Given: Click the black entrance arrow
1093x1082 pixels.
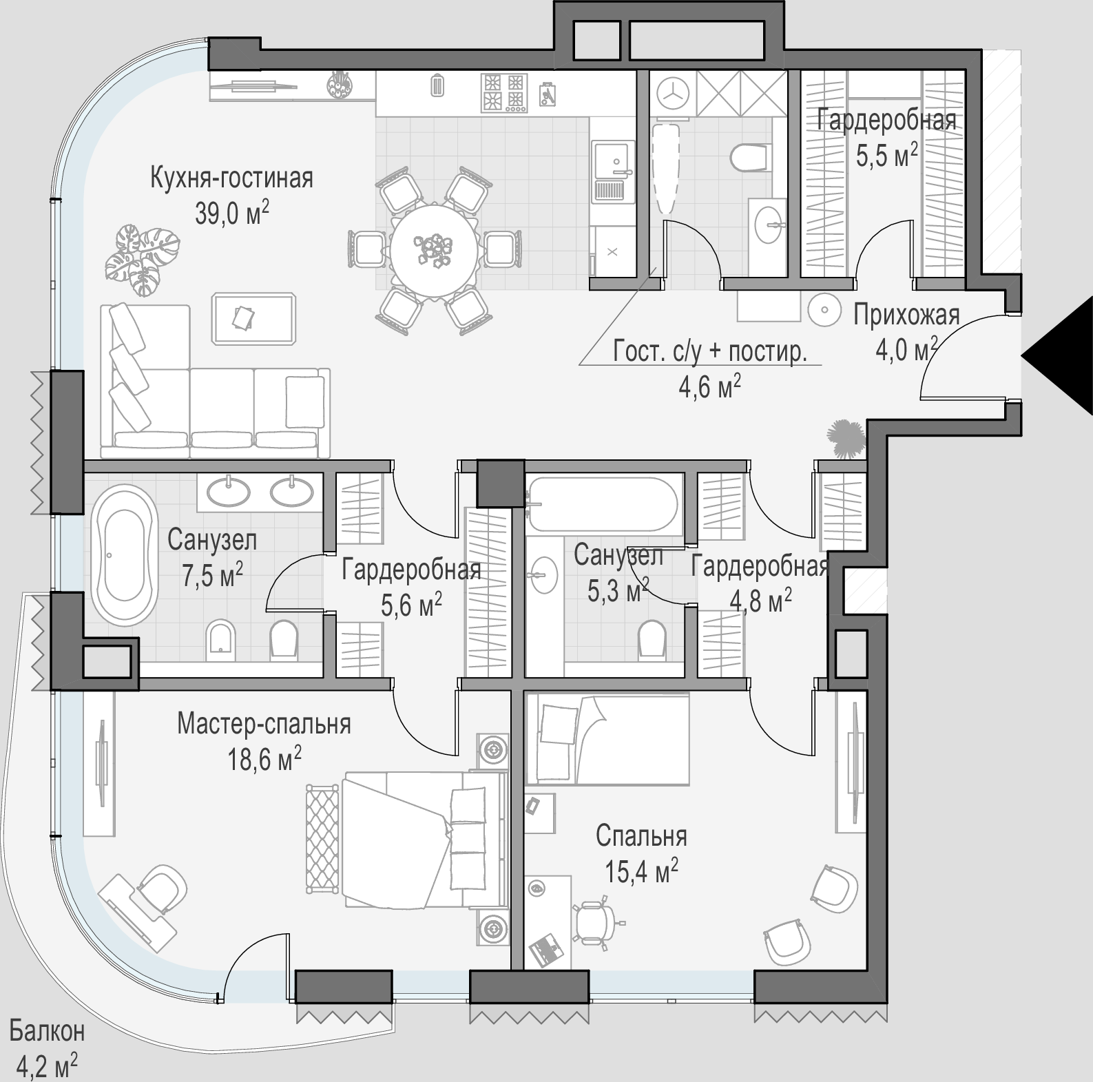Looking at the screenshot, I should click(x=1064, y=356).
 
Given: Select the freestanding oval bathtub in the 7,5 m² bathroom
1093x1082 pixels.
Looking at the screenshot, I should click(x=125, y=555).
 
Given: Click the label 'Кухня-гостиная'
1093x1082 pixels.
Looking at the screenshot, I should click(x=231, y=178).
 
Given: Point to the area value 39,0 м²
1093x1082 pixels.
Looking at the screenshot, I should click(x=231, y=214).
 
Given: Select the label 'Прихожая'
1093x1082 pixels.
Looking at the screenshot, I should click(x=906, y=315).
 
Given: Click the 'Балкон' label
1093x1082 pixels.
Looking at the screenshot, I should click(x=47, y=1031).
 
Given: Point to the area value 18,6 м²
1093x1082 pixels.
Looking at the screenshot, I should click(x=264, y=760).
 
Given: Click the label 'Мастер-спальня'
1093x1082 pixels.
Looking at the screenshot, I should click(x=264, y=725).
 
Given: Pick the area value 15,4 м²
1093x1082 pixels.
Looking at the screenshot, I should click(x=641, y=871).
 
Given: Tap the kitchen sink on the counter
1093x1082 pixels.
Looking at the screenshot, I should click(x=612, y=171).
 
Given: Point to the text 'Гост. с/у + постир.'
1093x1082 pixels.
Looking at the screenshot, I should click(x=709, y=352).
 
